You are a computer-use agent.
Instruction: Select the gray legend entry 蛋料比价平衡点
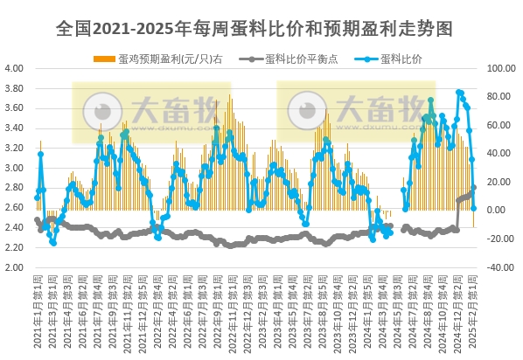[302, 59]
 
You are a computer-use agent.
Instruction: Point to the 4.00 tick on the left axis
[14, 68]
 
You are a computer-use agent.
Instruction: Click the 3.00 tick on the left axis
[14, 168]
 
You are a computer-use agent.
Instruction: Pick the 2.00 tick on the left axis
[14, 267]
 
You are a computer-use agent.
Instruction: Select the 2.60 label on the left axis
[14, 208]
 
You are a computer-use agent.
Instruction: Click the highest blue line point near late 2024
[460, 92]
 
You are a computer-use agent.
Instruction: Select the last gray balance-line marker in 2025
[474, 187]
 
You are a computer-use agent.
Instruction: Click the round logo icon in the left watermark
[103, 112]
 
